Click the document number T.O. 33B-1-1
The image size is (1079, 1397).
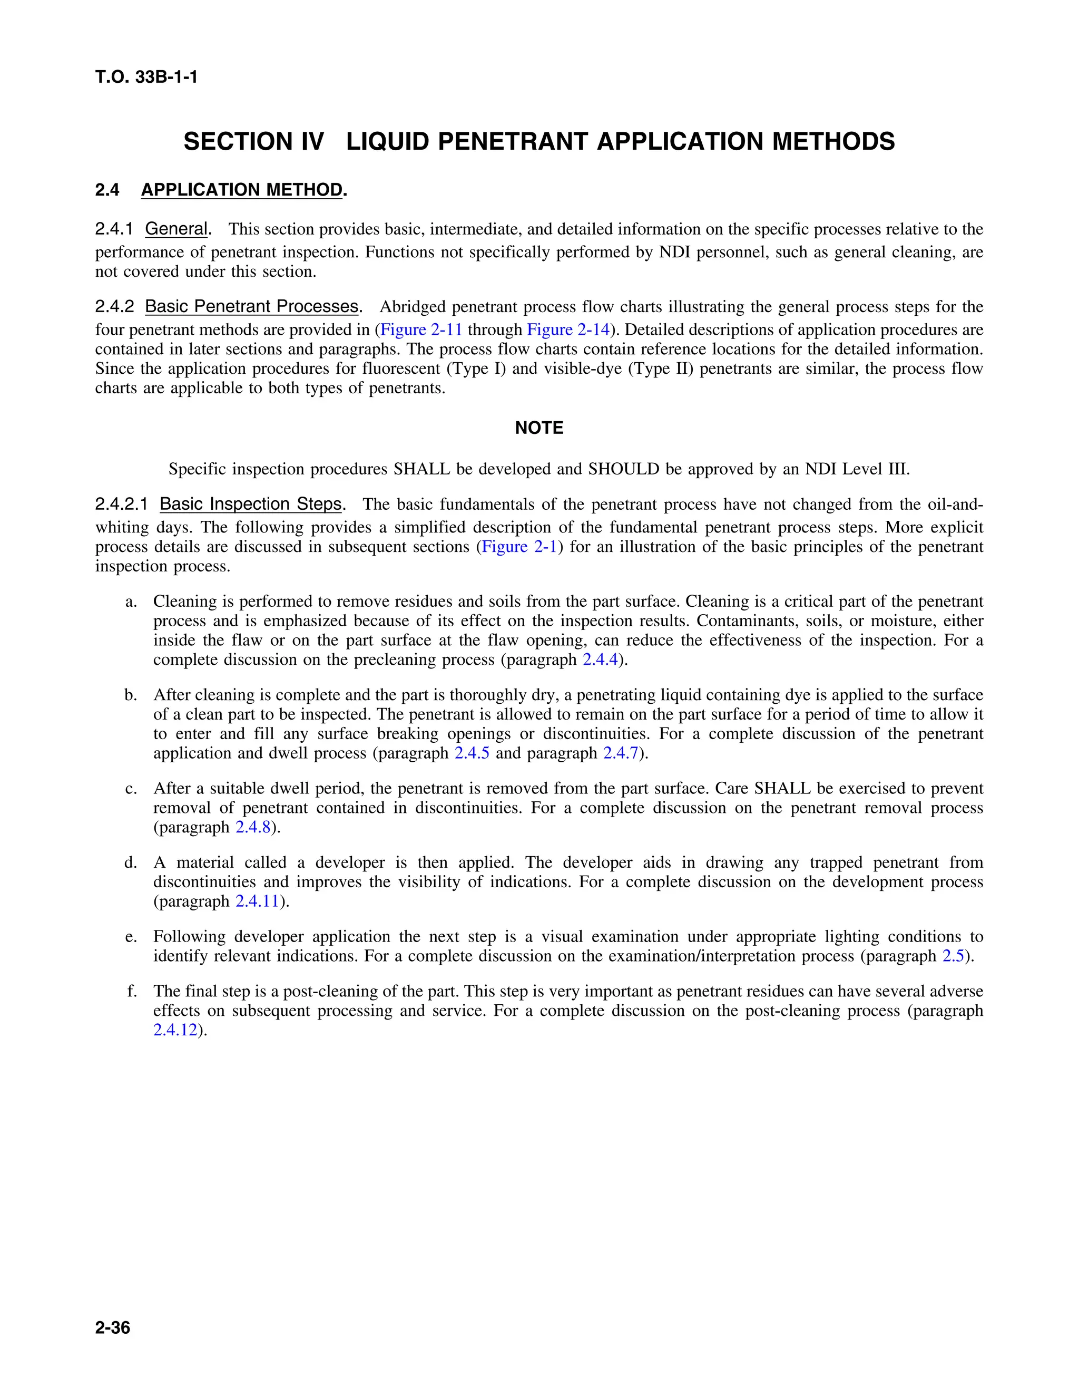click(x=146, y=77)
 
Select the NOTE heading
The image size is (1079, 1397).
click(x=539, y=428)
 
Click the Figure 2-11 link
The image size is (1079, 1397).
click(x=421, y=330)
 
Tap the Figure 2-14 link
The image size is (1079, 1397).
click(x=567, y=330)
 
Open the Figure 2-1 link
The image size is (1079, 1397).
click(x=519, y=547)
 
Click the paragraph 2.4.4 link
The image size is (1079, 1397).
click(x=600, y=659)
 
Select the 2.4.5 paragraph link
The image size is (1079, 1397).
click(x=472, y=753)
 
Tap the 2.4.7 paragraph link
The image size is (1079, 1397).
click(x=621, y=753)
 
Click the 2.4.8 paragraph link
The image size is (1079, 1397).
click(x=253, y=827)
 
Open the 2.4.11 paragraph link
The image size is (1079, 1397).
click(x=258, y=901)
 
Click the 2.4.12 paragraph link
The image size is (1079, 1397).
click(x=175, y=1031)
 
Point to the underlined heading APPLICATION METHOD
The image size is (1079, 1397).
click(x=242, y=190)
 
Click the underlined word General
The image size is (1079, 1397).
click(x=176, y=229)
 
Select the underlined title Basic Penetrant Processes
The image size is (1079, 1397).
click(x=251, y=306)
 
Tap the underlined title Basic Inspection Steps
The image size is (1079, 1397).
click(x=251, y=504)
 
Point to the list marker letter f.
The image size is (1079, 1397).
click(x=132, y=992)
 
